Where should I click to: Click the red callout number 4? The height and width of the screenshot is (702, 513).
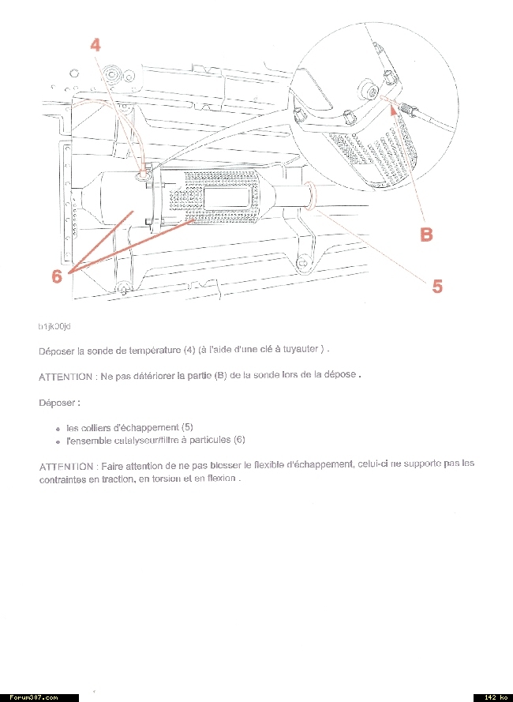[x=95, y=46]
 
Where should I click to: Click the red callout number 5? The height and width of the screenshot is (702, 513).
[x=436, y=286]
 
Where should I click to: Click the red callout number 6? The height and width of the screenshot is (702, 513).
[x=57, y=276]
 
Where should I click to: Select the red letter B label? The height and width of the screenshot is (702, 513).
[x=426, y=235]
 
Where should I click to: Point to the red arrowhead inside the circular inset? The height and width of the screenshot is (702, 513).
[x=394, y=110]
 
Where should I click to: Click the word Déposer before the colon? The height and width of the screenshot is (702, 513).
[x=58, y=403]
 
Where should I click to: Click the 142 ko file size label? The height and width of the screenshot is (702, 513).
[x=493, y=697]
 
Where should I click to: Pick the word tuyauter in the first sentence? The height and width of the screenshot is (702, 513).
[x=298, y=350]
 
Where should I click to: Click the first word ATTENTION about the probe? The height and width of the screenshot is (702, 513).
[x=66, y=376]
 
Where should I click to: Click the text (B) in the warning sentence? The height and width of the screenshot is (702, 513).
[x=220, y=375]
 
